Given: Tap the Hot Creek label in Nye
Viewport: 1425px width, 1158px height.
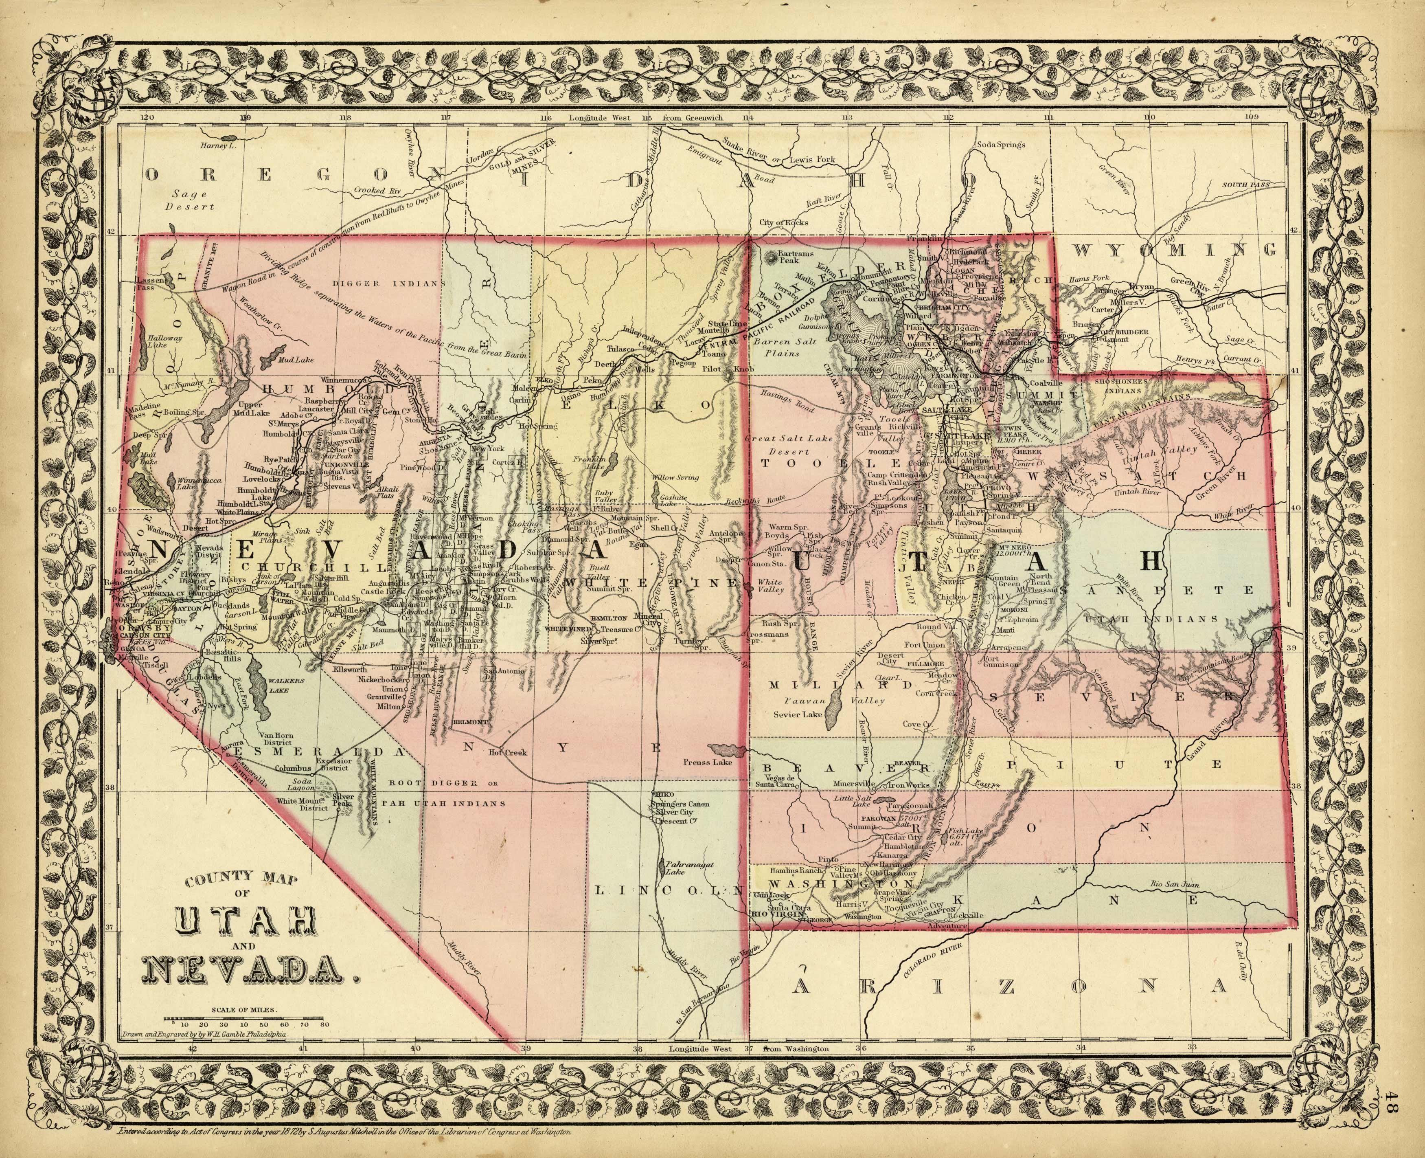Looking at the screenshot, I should (x=507, y=752).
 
